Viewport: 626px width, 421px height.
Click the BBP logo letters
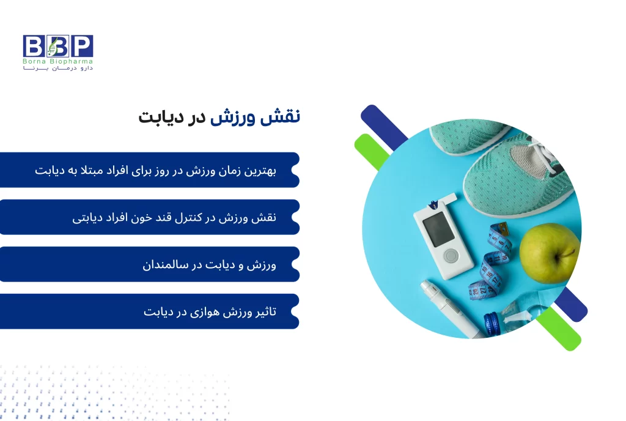pos(58,46)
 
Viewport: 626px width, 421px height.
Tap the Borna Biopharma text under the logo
pos(58,62)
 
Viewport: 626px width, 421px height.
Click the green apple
pos(548,253)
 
